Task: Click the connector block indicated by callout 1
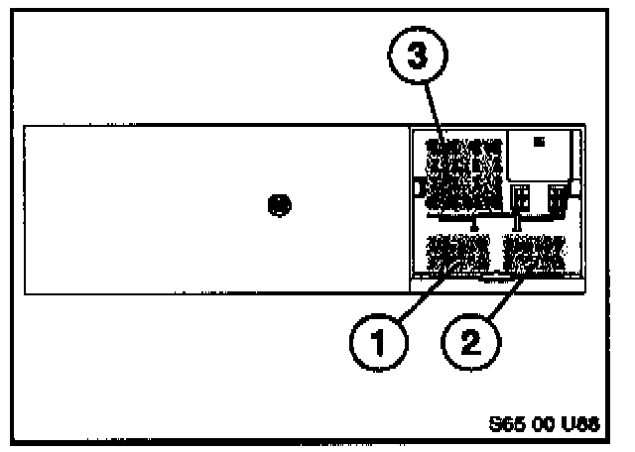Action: (457, 253)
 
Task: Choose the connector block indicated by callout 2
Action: (534, 253)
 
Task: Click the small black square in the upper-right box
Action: (540, 142)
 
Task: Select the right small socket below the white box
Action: (557, 196)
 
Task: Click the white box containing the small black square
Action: (540, 154)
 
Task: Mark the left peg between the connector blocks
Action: (474, 224)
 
